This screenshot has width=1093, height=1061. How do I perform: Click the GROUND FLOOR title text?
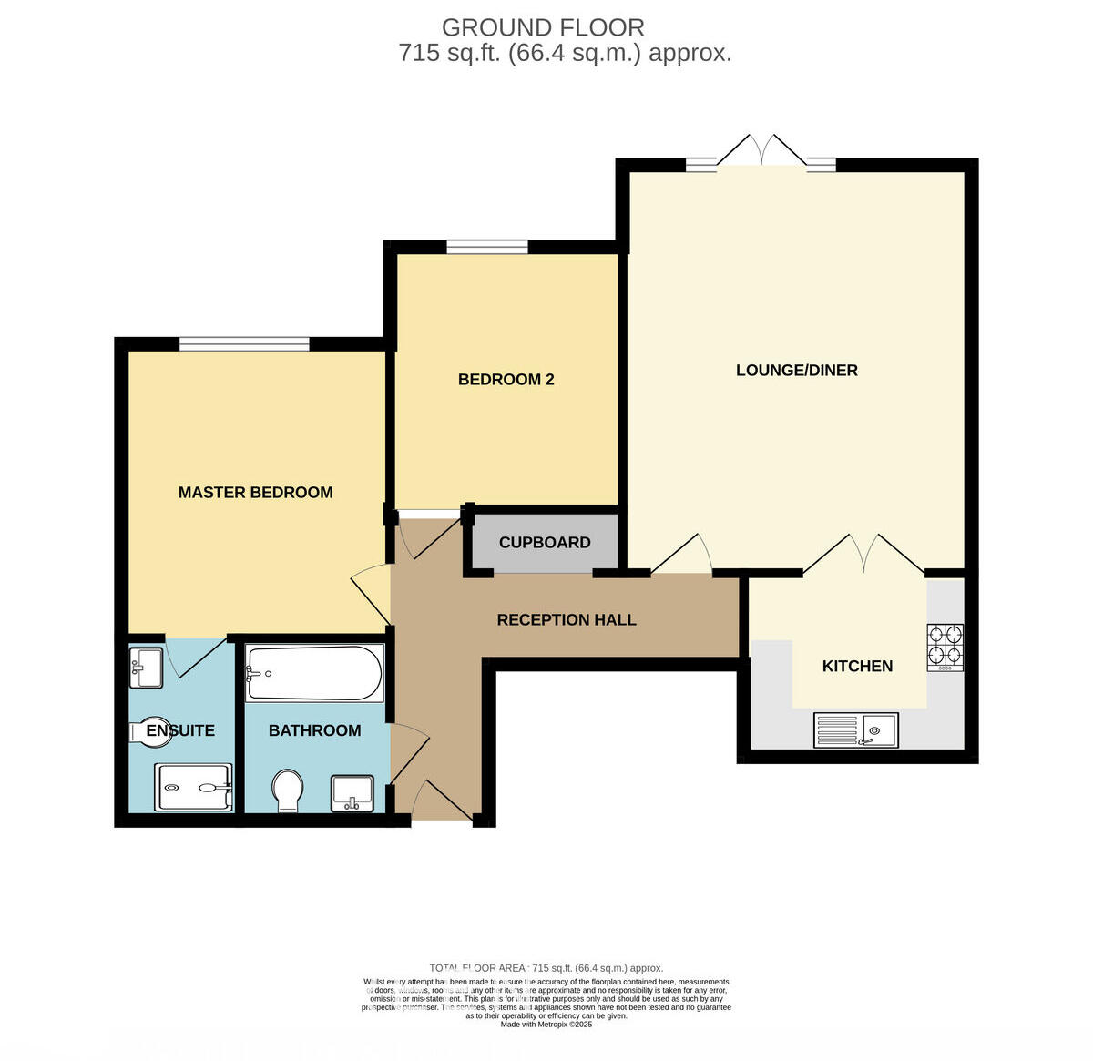[x=543, y=27]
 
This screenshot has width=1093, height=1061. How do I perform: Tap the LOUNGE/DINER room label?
[x=796, y=370]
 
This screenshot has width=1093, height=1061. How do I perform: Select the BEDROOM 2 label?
[x=506, y=379]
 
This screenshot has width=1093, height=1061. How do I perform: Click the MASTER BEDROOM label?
[x=255, y=492]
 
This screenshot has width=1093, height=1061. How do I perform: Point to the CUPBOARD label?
[x=545, y=542]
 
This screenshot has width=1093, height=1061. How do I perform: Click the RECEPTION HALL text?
[x=566, y=619]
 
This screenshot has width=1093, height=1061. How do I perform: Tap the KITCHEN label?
[x=857, y=666]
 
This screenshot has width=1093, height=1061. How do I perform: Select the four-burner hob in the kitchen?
[x=945, y=647]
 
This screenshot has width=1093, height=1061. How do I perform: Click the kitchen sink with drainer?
[x=855, y=729]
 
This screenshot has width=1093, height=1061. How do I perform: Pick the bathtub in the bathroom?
[x=314, y=673]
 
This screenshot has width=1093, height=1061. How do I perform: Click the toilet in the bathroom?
[x=288, y=789]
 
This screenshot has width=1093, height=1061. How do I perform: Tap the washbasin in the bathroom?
[x=352, y=791]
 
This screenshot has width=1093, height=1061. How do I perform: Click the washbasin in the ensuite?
[x=146, y=667]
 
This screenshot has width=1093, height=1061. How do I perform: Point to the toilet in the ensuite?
[x=139, y=730]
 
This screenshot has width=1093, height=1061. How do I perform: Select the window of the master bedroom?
[x=244, y=343]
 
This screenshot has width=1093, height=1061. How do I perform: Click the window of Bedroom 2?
[x=487, y=246]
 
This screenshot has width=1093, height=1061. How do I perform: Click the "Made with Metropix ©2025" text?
[x=546, y=1025]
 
